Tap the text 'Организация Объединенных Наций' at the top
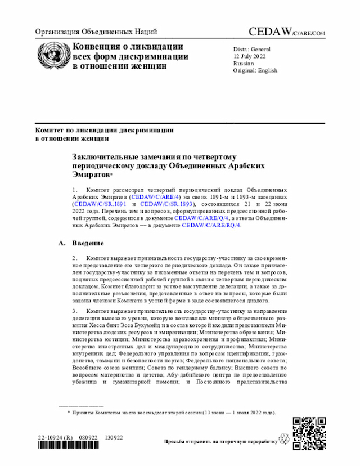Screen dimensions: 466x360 [96, 32]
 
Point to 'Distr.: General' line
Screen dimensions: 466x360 [252, 49]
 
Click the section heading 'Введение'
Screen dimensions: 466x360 [87, 243]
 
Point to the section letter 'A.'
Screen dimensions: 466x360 [62, 243]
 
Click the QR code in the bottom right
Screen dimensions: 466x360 [309, 433]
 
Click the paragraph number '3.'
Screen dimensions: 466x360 [75, 310]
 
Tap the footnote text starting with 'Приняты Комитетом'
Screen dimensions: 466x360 [174, 413]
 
